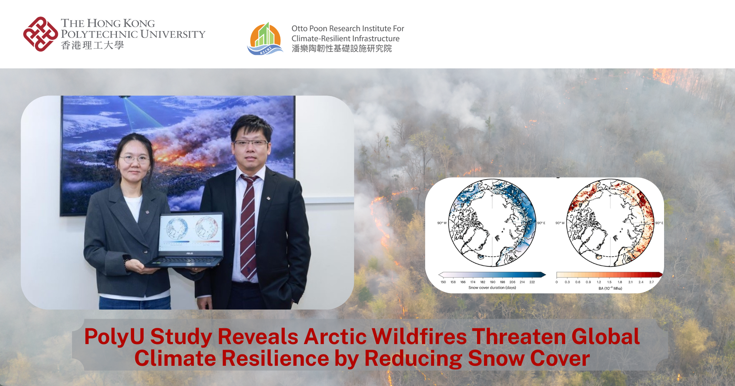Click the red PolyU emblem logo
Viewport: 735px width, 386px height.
(40, 34)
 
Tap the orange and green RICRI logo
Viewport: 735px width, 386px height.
(265, 39)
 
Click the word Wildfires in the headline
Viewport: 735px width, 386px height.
(419, 336)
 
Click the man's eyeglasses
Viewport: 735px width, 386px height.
(250, 143)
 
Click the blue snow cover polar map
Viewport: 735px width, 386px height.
(492, 223)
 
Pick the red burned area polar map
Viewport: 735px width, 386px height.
(610, 223)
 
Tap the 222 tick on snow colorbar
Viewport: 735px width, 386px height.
(532, 282)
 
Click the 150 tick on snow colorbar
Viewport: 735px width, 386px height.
(443, 282)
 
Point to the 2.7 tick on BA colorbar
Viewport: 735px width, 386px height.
(651, 282)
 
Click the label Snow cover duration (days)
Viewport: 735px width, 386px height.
(492, 288)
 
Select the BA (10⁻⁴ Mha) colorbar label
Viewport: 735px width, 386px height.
(610, 289)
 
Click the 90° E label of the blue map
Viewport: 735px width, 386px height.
(541, 223)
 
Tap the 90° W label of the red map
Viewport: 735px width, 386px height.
(560, 223)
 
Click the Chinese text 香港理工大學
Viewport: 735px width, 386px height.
(93, 46)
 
